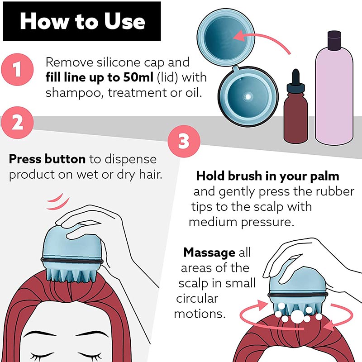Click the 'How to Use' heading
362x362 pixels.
(82, 21)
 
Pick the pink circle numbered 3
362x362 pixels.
(183, 141)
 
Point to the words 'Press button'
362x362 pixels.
(47, 159)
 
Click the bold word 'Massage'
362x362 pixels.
(209, 252)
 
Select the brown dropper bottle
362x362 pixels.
(295, 111)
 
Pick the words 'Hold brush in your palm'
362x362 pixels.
(267, 176)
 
